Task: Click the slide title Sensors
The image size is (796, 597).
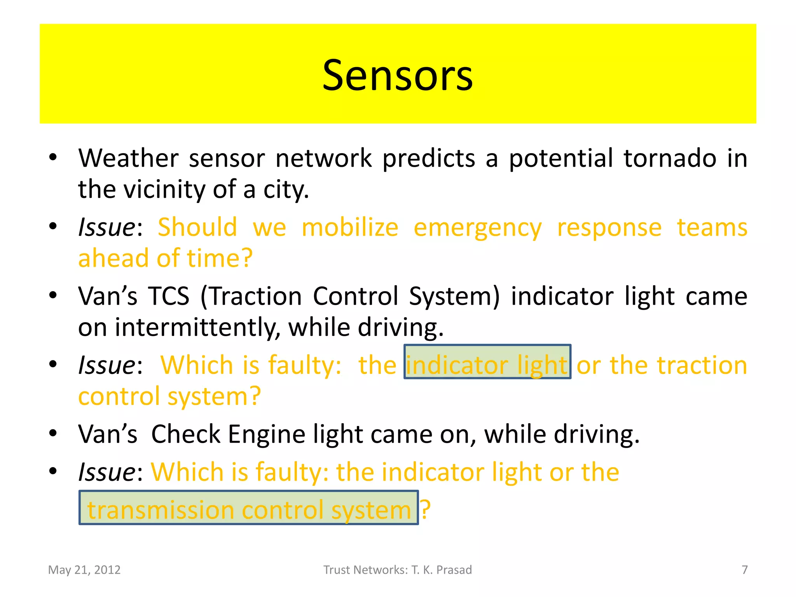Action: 398,75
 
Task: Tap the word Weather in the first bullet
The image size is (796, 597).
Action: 128,159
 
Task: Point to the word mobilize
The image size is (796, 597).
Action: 350,228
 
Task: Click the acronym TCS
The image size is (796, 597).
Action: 169,297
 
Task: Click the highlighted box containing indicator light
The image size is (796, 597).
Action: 487,362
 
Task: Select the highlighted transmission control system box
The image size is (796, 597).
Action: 249,508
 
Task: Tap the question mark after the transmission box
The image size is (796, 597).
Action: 426,509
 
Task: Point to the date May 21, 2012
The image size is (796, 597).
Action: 84,570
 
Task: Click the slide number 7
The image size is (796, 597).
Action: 745,570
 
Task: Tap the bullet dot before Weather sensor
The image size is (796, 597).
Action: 53,157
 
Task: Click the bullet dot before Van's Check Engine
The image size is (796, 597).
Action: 53,433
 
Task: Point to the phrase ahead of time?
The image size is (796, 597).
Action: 166,258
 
